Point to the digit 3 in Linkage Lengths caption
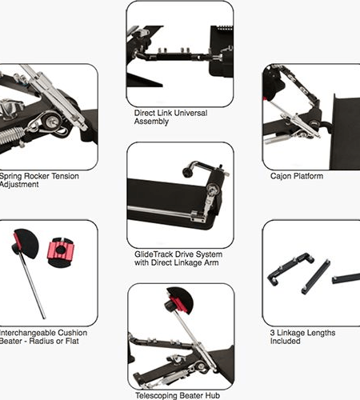[272, 333]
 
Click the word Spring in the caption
[10, 176]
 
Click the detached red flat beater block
[60, 253]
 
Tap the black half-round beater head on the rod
[27, 243]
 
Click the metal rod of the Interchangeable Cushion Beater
[32, 286]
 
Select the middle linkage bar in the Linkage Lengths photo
[316, 277]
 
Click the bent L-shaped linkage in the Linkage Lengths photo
[290, 269]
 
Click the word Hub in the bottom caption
[213, 396]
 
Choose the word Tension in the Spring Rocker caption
[65, 176]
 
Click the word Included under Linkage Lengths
[285, 341]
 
